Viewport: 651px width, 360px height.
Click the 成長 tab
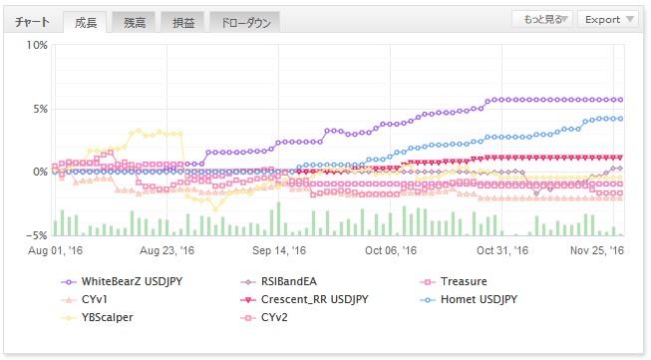click(x=86, y=22)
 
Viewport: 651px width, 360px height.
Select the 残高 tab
click(x=135, y=22)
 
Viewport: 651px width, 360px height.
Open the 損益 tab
click(x=183, y=22)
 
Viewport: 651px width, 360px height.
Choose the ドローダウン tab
click(x=245, y=22)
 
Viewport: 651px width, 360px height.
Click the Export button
click(x=608, y=20)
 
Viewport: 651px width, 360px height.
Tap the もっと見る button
click(x=542, y=20)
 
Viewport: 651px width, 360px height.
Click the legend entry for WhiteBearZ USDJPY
click(x=122, y=281)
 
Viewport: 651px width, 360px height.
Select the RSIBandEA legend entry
click(x=278, y=281)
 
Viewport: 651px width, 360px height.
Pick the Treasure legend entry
click(x=454, y=281)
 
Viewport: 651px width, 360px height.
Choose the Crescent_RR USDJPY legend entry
click(x=304, y=299)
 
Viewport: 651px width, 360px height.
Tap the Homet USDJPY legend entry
click(x=469, y=299)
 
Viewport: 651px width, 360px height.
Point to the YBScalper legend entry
click(x=97, y=317)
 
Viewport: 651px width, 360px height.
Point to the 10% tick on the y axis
click(x=37, y=45)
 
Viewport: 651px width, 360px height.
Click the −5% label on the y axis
click(x=37, y=235)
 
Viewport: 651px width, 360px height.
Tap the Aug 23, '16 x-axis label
click(x=166, y=250)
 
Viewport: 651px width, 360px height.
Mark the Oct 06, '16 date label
click(x=391, y=250)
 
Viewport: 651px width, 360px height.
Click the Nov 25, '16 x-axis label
click(x=597, y=250)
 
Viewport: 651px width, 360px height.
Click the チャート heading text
click(x=32, y=22)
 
